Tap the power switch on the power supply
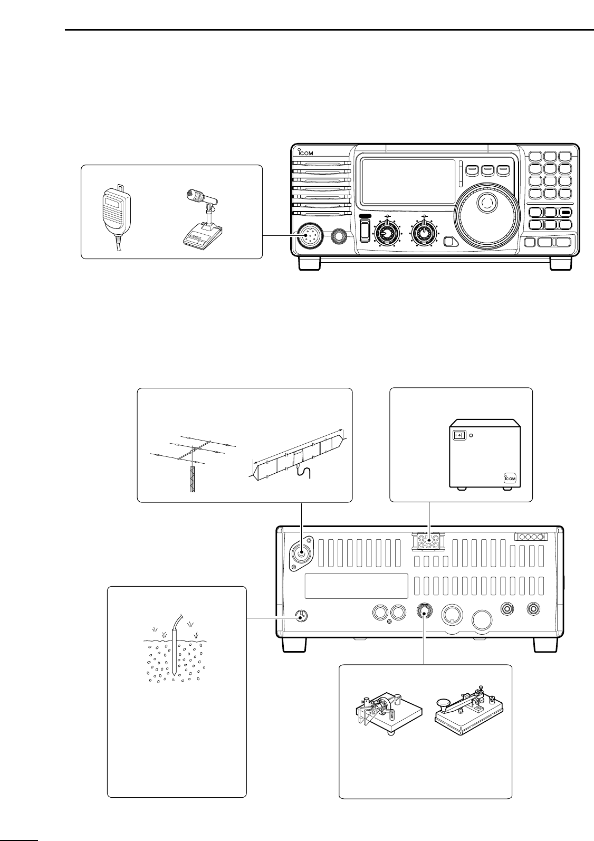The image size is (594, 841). [459, 436]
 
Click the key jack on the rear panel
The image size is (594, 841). [425, 611]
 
